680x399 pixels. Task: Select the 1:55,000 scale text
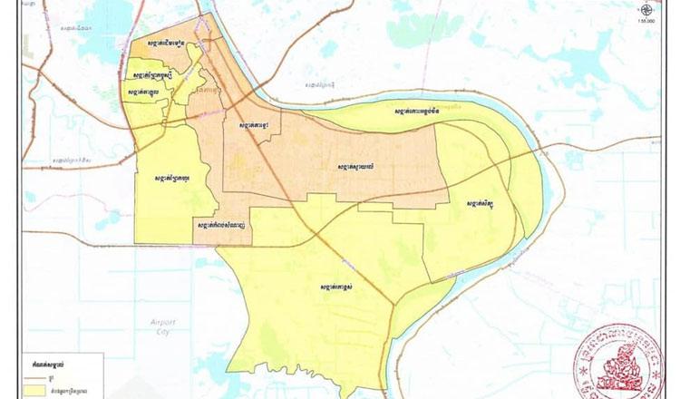pyautogui.click(x=646, y=21)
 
